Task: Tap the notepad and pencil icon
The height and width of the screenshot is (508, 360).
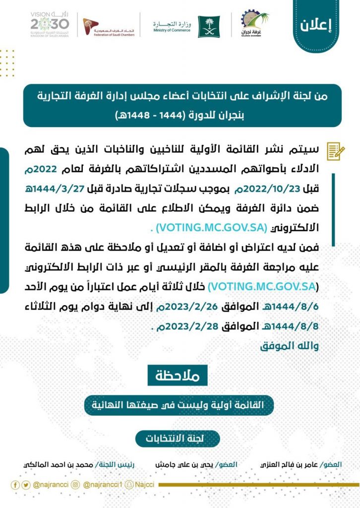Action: [335, 151]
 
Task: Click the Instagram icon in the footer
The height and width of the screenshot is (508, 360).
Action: [76, 485]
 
